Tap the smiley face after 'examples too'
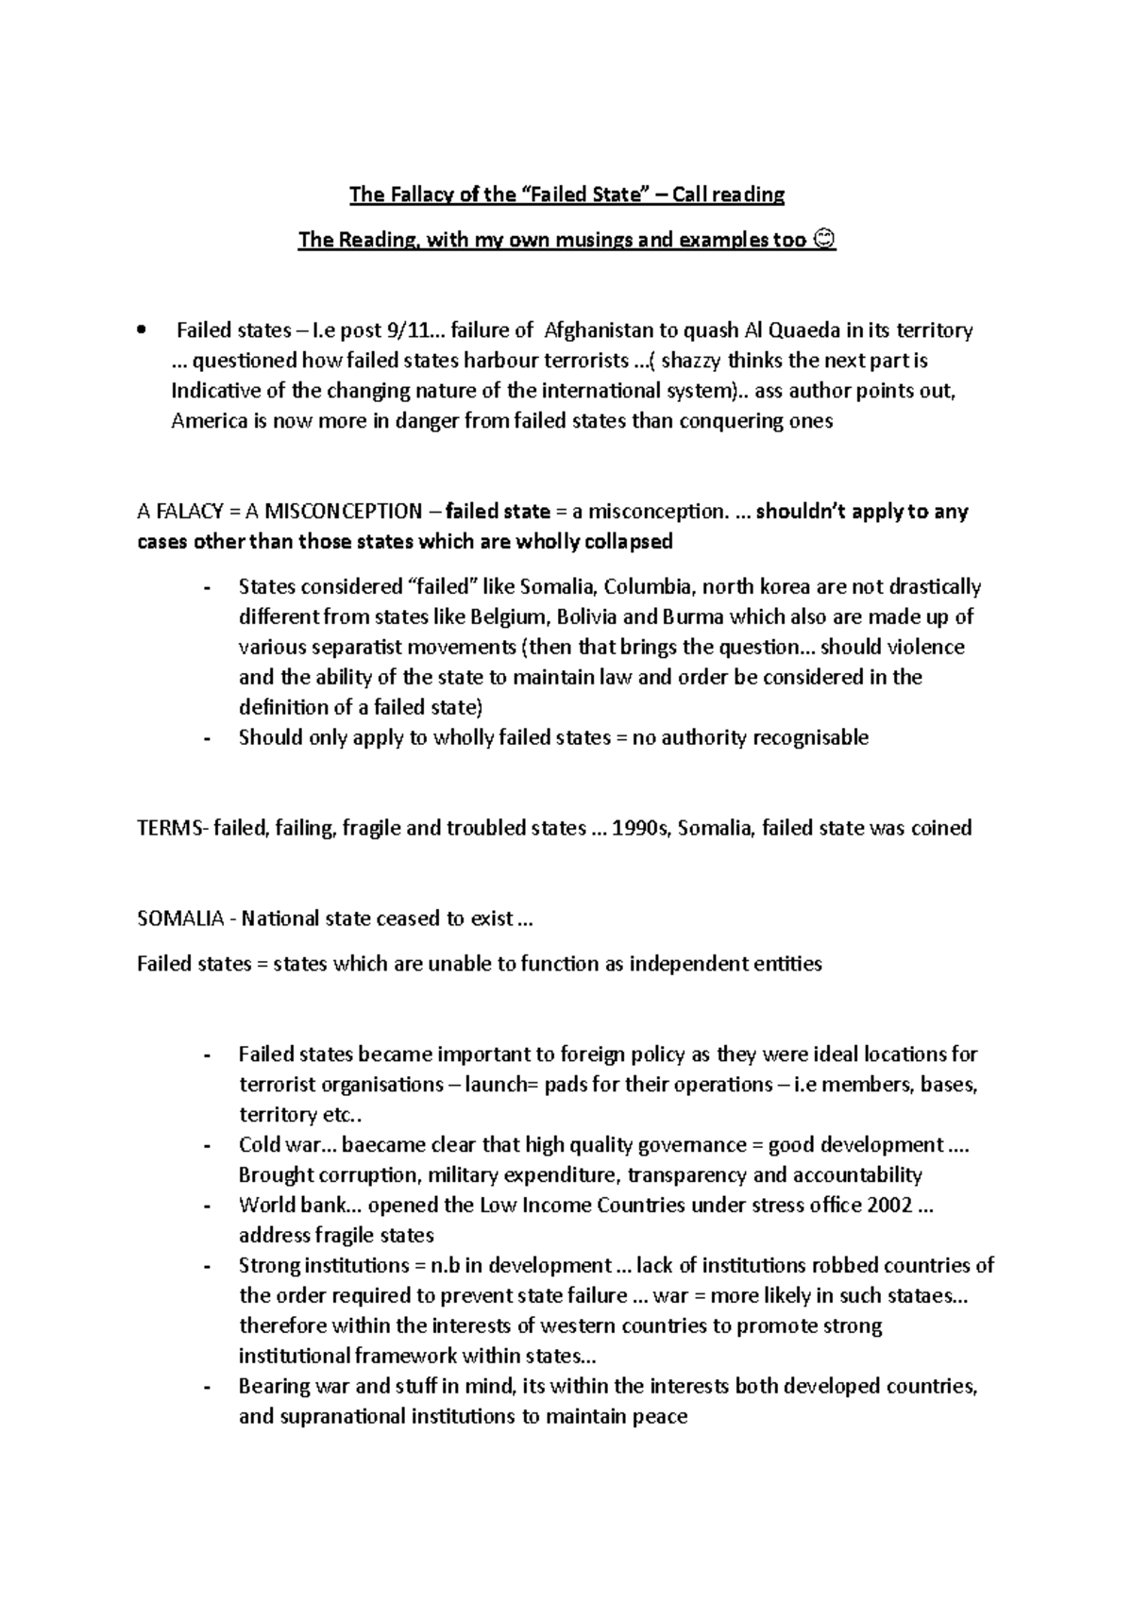pyautogui.click(x=824, y=240)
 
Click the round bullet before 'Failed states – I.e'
pyautogui.click(x=142, y=330)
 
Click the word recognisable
pyautogui.click(x=809, y=737)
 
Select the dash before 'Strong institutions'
pyautogui.click(x=207, y=1266)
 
